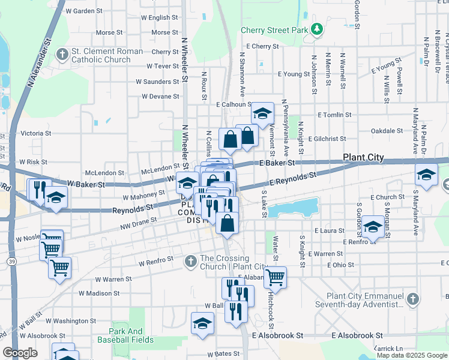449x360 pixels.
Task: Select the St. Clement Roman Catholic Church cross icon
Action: click(x=62, y=55)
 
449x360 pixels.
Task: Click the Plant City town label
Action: click(x=363, y=158)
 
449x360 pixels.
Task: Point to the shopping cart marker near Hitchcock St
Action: click(x=275, y=277)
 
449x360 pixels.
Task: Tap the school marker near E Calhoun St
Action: click(x=262, y=113)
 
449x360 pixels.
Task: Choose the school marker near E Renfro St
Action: click(x=373, y=227)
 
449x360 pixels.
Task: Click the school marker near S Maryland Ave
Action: click(x=426, y=176)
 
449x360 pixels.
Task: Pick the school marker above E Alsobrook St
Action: click(x=202, y=323)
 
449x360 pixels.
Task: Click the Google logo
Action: click(x=20, y=353)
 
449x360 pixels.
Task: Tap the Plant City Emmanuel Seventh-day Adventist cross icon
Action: click(x=412, y=298)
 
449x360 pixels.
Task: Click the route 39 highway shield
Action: click(x=12, y=262)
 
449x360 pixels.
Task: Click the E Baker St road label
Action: click(x=278, y=163)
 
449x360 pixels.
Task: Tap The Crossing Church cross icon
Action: click(x=190, y=261)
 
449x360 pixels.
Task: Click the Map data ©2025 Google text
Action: click(x=411, y=355)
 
